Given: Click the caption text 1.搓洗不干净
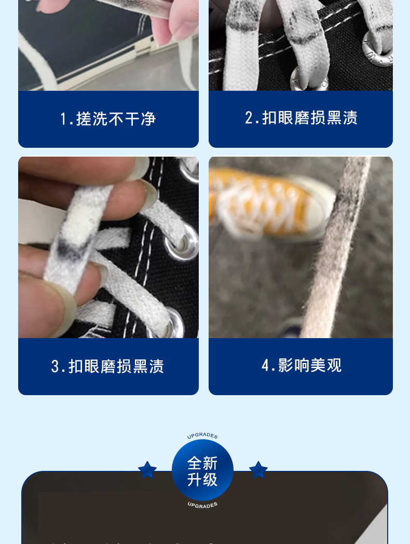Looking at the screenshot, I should pos(108,119).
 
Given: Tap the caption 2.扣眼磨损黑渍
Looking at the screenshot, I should pos(301,118).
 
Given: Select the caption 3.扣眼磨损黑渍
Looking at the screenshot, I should pos(108,367).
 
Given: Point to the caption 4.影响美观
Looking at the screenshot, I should pos(301,366).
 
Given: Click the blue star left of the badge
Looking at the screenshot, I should pos(147,470).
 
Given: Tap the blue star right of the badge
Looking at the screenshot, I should pos(258,470).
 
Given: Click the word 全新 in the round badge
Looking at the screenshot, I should pos(202,463).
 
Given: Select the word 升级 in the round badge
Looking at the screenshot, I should pos(202,480).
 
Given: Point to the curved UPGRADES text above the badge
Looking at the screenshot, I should pos(202,436).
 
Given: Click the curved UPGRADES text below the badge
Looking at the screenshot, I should pos(202,505).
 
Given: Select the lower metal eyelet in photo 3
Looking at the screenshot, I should pos(174,324).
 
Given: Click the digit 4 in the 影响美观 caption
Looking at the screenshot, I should pos(265,366).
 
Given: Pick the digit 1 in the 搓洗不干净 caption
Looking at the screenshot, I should pos(63,119).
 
